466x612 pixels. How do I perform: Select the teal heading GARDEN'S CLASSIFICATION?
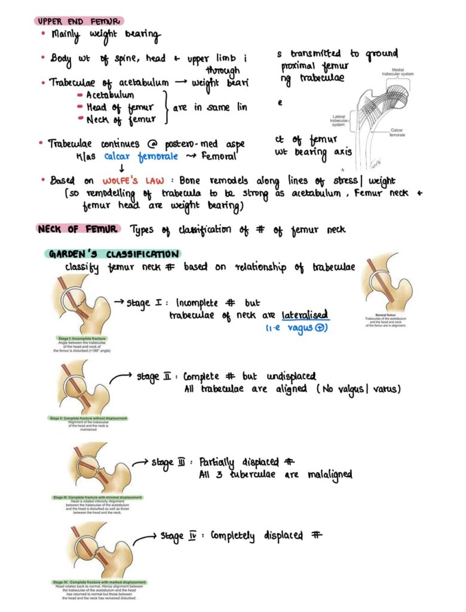tap(112, 254)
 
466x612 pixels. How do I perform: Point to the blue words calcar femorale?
tap(141, 156)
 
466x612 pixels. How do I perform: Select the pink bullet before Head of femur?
tap(79, 108)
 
